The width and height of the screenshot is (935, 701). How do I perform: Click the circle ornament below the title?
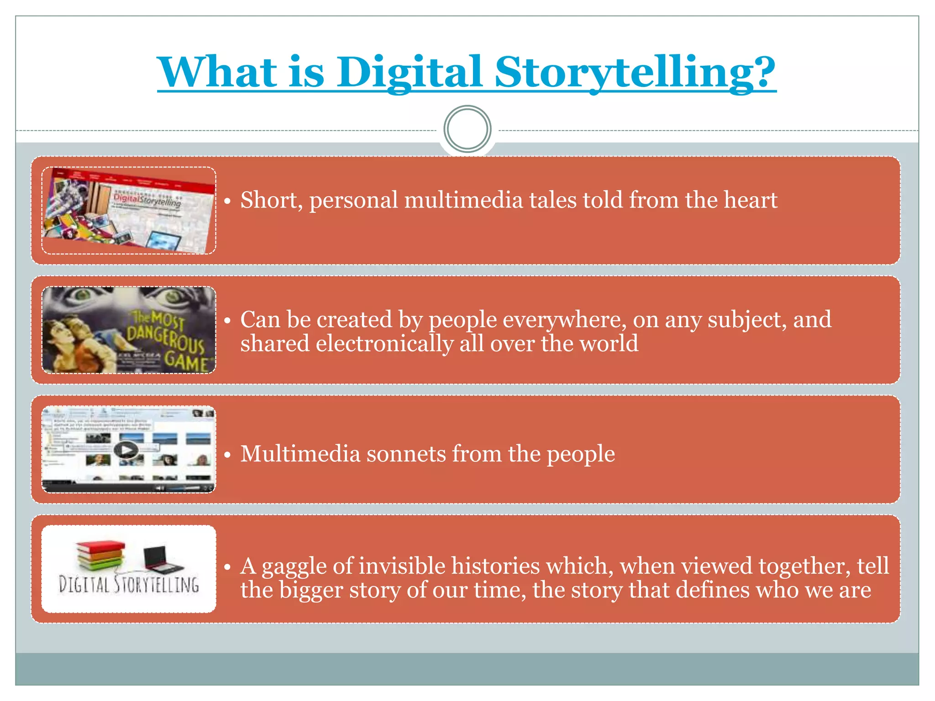(467, 129)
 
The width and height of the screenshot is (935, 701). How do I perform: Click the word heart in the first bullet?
(751, 200)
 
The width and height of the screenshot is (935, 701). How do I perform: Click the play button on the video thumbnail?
(126, 450)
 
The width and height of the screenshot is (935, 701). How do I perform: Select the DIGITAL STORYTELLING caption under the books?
(129, 585)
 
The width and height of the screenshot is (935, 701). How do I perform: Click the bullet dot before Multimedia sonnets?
(227, 455)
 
